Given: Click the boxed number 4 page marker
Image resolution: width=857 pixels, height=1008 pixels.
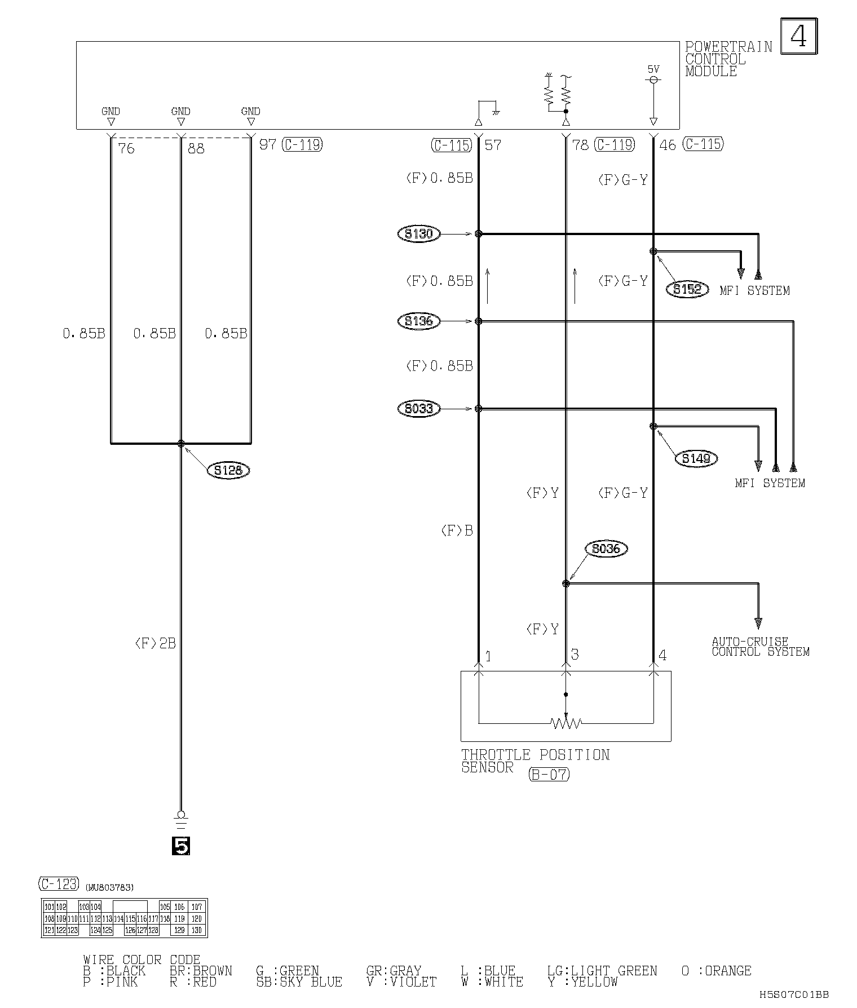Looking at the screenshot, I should (798, 36).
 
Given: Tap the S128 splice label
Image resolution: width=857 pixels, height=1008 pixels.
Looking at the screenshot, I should (228, 470).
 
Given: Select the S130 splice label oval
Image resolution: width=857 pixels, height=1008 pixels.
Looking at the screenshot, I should (418, 233).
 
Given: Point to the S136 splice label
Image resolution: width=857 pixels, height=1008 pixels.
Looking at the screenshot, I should (418, 321).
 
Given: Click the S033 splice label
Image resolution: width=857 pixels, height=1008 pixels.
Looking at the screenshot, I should (418, 408).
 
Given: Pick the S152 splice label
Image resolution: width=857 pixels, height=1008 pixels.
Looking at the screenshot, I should (687, 289).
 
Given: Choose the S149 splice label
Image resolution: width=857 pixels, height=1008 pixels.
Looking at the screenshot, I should (696, 458).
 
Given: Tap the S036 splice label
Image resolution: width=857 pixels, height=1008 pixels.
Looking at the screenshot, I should (606, 549).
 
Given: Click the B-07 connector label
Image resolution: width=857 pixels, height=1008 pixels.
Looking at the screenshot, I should (549, 774).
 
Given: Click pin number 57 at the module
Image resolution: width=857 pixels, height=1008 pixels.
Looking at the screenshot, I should (493, 145).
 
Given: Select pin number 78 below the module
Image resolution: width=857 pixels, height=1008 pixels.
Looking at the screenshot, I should (580, 145).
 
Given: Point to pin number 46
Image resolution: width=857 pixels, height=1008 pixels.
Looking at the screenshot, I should (668, 145).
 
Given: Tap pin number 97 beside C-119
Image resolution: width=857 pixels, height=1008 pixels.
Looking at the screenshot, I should (267, 144).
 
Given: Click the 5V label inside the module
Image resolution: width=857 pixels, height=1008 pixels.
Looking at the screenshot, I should (653, 69).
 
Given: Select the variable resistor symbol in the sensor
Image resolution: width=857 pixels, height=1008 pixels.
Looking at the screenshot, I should (566, 722).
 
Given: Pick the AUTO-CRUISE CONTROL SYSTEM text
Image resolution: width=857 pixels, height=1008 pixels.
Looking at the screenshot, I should (760, 647).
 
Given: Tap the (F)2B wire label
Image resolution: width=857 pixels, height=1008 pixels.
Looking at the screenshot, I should (155, 643).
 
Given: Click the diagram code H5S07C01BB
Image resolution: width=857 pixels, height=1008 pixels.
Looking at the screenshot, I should (794, 995).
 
